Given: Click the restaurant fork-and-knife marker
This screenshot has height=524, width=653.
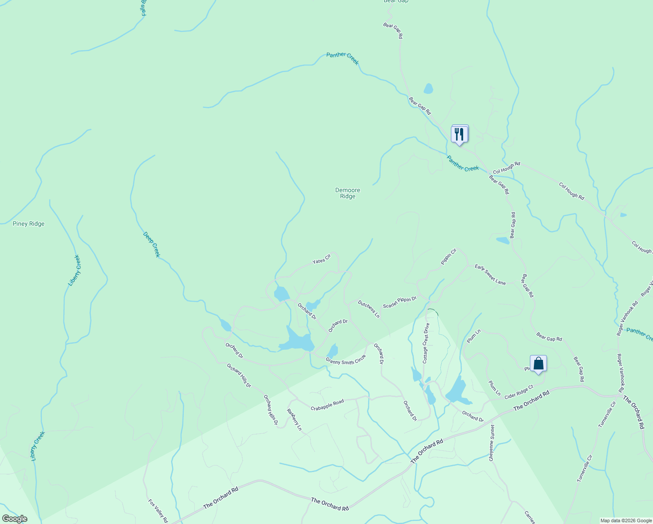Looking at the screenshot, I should [459, 134].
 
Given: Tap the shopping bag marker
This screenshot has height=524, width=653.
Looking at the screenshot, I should [538, 364].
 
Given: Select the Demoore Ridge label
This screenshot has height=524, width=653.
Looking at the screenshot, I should [348, 193].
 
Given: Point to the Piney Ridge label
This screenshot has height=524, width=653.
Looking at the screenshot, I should [29, 224].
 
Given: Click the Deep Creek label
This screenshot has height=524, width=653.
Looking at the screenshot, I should [151, 245].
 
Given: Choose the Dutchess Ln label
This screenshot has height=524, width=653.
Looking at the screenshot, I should [369, 309].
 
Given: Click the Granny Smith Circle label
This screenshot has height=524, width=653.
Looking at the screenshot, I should [346, 361].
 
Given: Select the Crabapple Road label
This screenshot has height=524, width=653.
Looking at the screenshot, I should [327, 405].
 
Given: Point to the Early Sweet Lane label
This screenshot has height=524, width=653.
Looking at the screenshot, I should [490, 275].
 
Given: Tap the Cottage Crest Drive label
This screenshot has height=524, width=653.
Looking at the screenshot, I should [426, 343].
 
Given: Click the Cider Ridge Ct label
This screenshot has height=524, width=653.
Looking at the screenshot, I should [519, 392].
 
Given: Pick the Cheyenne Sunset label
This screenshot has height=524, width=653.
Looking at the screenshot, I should [492, 443].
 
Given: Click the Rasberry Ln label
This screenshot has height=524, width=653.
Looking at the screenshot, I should [294, 419].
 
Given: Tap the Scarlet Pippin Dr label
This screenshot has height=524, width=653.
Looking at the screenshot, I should [400, 302].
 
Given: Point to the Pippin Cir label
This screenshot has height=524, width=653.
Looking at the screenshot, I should [449, 256].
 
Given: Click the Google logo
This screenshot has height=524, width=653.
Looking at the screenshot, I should [14, 519].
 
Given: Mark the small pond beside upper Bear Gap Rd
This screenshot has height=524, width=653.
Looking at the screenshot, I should [428, 89].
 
